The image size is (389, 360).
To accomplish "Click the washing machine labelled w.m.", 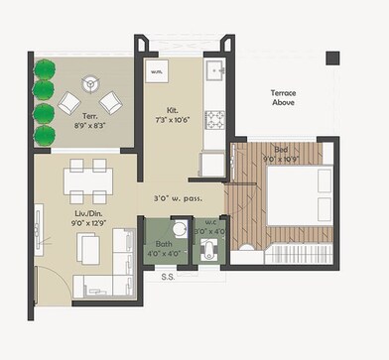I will point(157,72).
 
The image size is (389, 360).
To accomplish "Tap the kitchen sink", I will point(215,73).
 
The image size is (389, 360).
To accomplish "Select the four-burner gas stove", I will point(215,120).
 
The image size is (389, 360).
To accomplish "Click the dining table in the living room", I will point(87,183).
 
